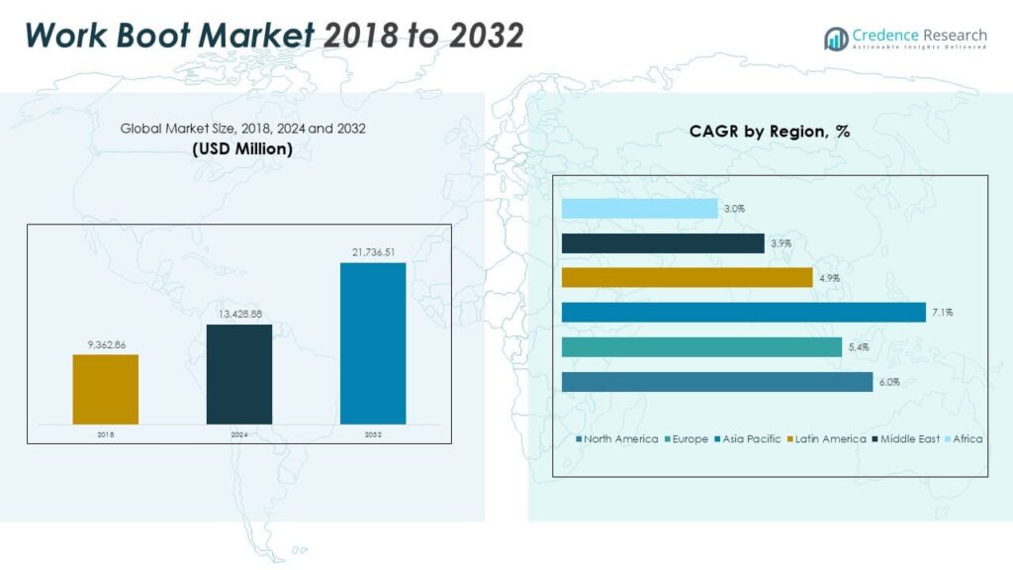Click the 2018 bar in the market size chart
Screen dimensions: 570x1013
point(105,389)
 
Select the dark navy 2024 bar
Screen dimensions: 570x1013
point(238,374)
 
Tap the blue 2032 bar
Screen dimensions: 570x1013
point(372,343)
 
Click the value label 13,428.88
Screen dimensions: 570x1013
point(238,314)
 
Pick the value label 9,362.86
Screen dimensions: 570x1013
point(105,344)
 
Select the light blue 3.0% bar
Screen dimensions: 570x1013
point(639,209)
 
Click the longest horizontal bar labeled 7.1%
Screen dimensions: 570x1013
point(743,313)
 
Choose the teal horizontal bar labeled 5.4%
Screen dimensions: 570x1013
point(701,347)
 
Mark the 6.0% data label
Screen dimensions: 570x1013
point(887,382)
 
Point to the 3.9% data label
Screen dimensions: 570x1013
point(780,243)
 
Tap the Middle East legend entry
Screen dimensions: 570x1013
point(910,438)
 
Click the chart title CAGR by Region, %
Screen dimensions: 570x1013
point(769,132)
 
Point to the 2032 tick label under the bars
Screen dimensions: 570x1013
point(372,434)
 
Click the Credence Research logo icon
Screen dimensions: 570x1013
point(836,39)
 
